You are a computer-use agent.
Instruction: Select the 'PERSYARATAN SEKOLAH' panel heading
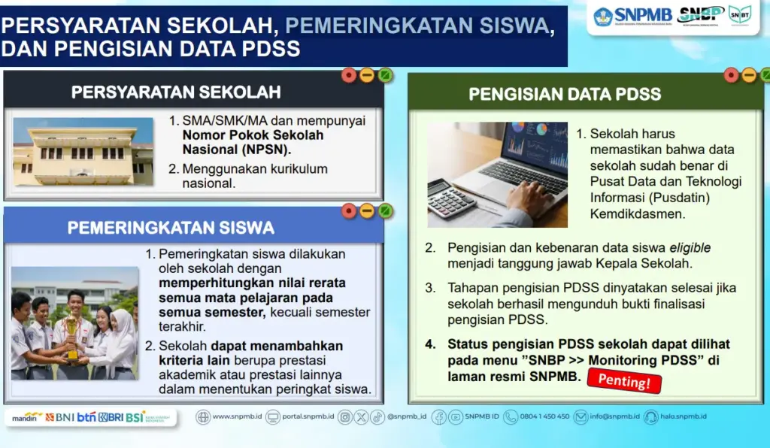176,92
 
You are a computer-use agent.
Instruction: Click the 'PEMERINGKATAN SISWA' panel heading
171,227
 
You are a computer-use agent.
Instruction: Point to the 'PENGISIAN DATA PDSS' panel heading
565,94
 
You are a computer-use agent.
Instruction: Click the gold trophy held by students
71,334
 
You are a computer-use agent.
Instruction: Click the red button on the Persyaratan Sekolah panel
349,74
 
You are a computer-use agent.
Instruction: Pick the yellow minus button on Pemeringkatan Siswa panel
367,210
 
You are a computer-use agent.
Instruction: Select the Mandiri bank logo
28,416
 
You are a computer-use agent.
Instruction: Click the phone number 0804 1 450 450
544,416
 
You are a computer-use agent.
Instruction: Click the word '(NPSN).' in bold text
256,150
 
